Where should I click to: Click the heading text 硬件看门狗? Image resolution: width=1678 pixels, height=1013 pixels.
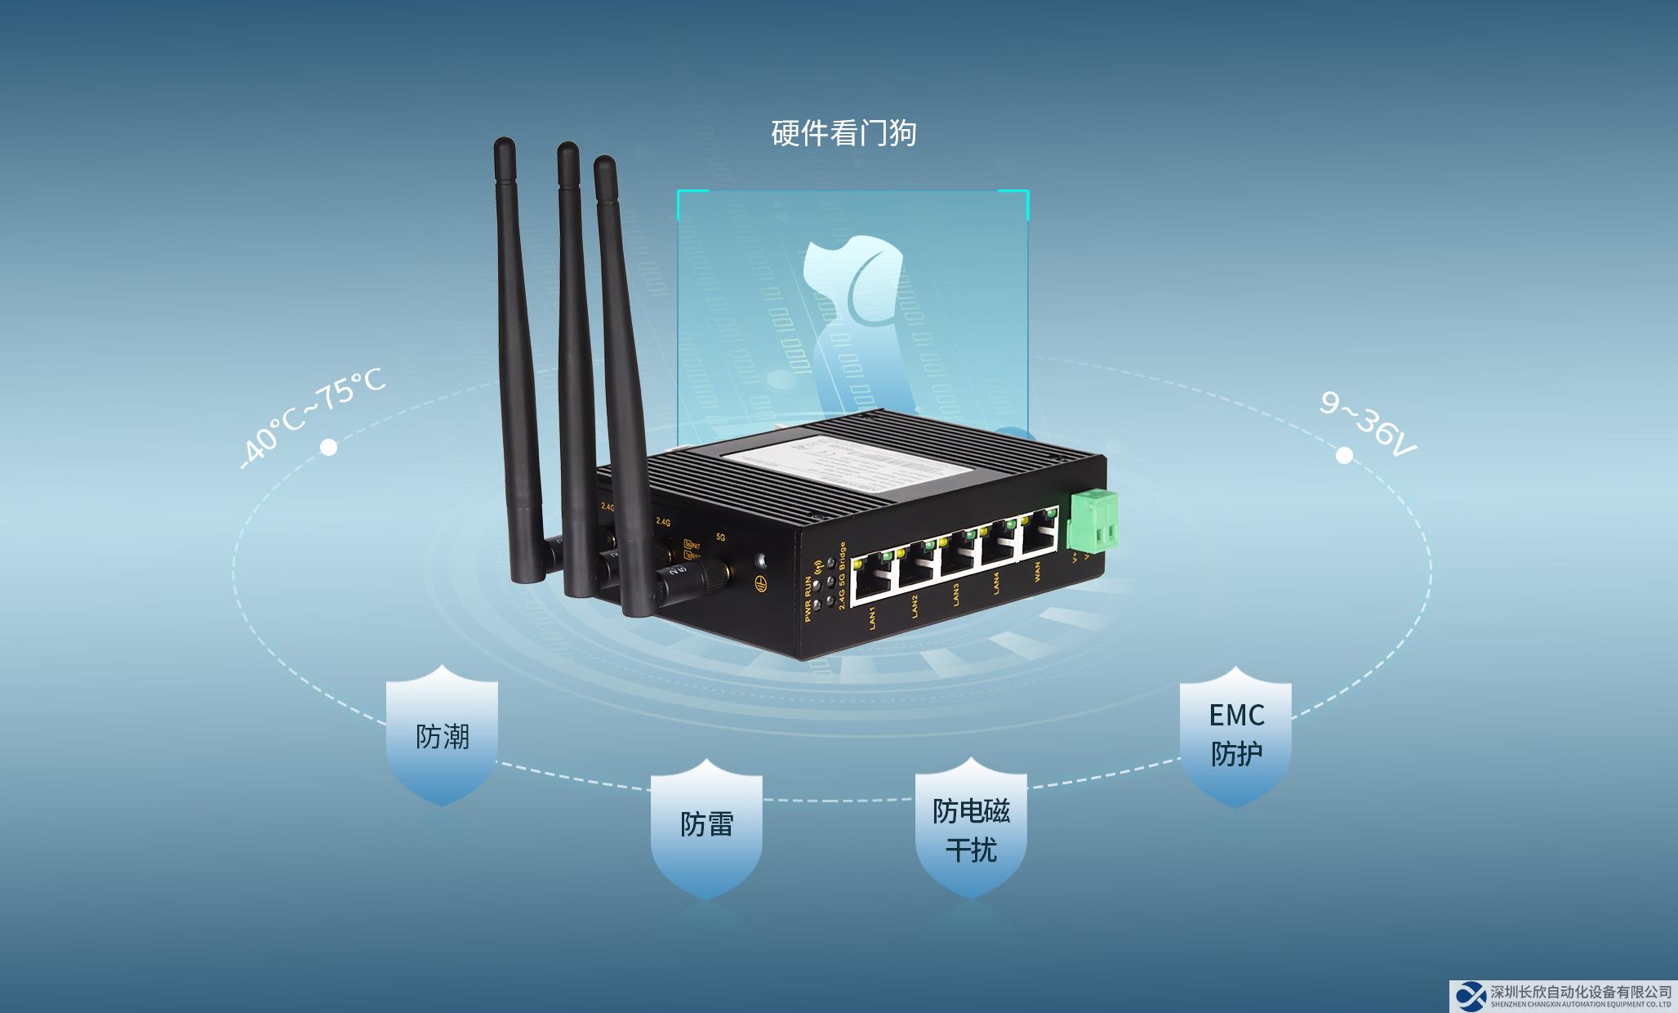843,133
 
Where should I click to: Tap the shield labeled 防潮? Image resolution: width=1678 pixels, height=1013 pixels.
442,735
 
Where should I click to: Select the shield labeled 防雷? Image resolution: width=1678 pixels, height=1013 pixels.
706,825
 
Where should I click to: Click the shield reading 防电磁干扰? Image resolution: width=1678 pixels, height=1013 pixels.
971,829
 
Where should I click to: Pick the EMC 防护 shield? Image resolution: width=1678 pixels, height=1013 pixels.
1236,735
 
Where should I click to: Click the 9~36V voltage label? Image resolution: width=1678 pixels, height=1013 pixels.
1368,423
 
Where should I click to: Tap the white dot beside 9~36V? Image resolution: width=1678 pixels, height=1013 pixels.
1343,455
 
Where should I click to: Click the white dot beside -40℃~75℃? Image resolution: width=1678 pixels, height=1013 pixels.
328,448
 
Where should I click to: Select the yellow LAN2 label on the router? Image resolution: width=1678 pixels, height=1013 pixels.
916,605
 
